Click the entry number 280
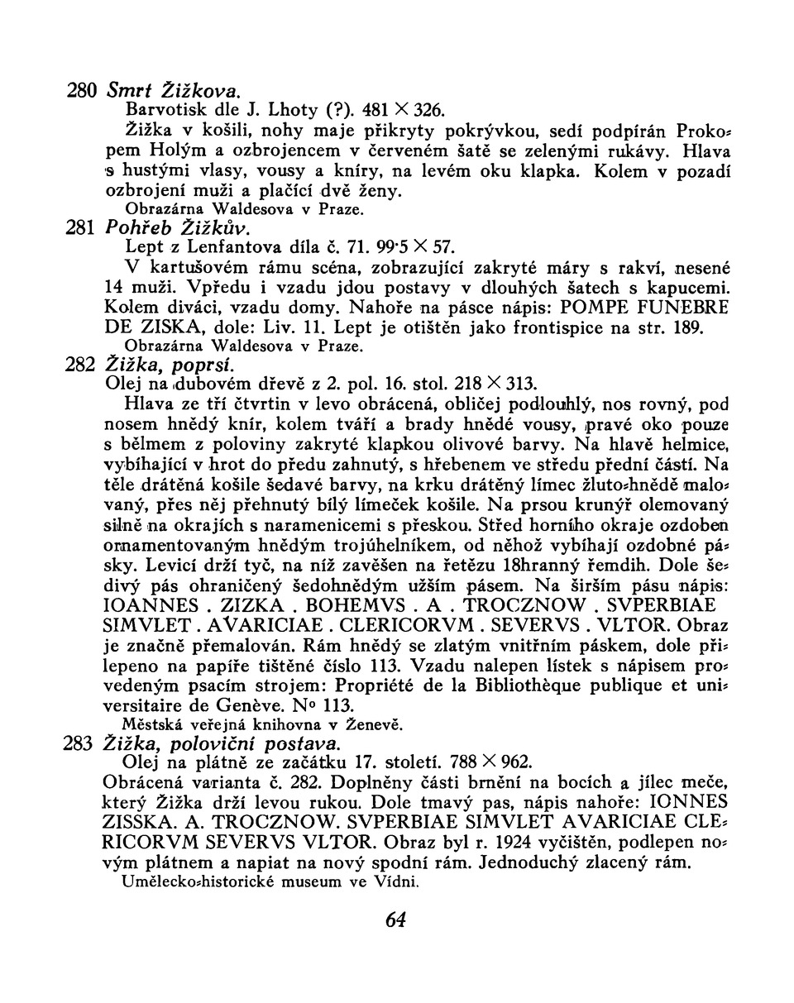click(x=83, y=88)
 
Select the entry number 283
click(x=79, y=744)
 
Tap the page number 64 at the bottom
click(x=396, y=919)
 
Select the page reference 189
click(x=686, y=328)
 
